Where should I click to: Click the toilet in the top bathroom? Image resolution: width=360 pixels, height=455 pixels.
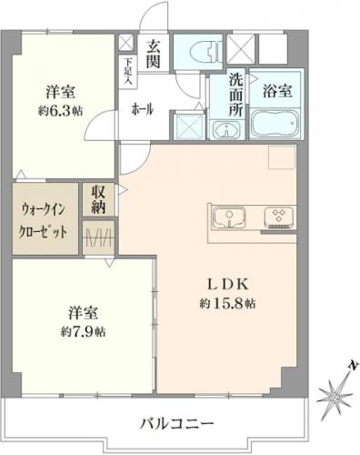click(x=205, y=51)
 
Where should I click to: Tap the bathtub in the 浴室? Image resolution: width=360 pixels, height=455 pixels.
click(x=275, y=123)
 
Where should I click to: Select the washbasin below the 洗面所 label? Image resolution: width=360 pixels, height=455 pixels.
click(x=227, y=130)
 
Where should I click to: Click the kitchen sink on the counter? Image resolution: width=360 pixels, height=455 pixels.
click(x=229, y=217)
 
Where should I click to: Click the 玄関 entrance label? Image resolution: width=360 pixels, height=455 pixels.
click(x=154, y=55)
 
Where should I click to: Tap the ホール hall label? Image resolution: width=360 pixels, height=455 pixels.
click(x=142, y=109)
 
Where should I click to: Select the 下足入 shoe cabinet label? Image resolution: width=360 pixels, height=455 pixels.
click(x=128, y=71)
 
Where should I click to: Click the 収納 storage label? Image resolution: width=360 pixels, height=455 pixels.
click(x=99, y=199)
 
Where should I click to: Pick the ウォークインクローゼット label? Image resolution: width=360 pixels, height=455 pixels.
click(x=43, y=221)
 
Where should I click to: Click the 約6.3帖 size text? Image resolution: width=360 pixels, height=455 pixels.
click(x=60, y=111)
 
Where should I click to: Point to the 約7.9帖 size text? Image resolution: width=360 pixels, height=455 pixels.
click(x=83, y=332)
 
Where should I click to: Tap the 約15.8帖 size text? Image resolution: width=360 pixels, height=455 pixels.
click(x=227, y=303)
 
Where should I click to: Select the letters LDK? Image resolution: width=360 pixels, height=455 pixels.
click(x=227, y=285)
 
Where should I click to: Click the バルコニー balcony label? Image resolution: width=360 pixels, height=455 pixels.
click(x=177, y=423)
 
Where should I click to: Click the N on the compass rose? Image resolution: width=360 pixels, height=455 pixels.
click(x=353, y=366)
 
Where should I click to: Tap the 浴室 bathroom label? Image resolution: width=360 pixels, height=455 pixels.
click(x=277, y=91)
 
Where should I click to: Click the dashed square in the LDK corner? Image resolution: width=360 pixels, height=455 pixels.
click(x=282, y=157)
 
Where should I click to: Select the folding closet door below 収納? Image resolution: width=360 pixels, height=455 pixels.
click(x=99, y=237)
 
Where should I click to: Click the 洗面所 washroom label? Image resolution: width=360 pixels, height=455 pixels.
click(x=235, y=95)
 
